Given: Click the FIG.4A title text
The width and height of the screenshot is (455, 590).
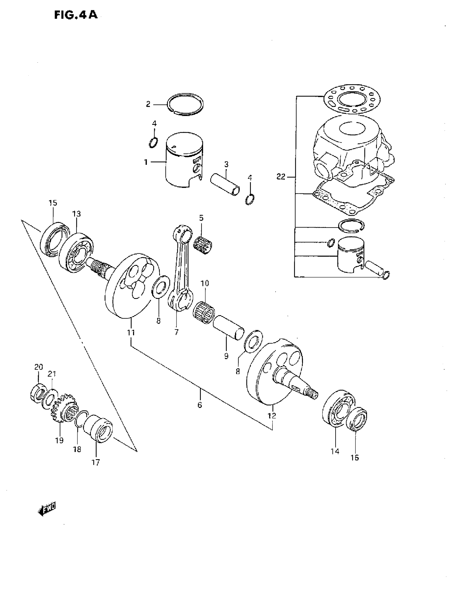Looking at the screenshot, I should tap(76, 15).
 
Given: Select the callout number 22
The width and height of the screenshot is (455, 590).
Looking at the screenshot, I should tap(281, 177).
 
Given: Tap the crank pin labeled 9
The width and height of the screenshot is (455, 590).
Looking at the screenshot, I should tap(229, 328).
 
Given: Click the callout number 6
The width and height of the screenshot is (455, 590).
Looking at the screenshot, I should tap(200, 405).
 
